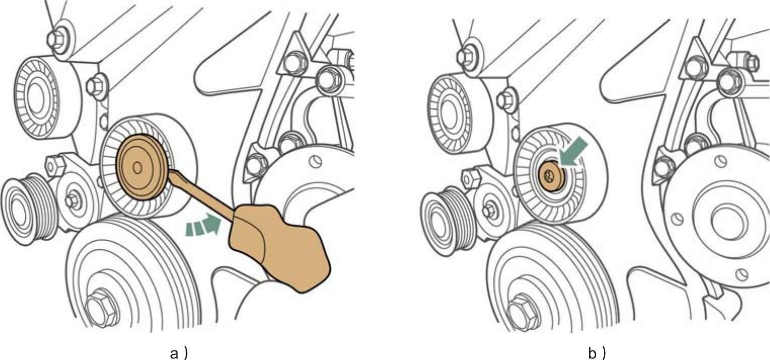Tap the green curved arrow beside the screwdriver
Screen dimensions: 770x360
click(203, 225)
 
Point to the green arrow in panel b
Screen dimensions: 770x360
click(573, 152)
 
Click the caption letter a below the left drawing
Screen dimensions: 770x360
click(174, 353)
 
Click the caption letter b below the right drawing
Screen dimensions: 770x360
click(593, 353)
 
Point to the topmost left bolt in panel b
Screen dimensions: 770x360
click(466, 56)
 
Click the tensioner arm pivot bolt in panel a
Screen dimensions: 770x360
click(72, 200)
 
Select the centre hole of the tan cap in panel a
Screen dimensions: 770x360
click(138, 168)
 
